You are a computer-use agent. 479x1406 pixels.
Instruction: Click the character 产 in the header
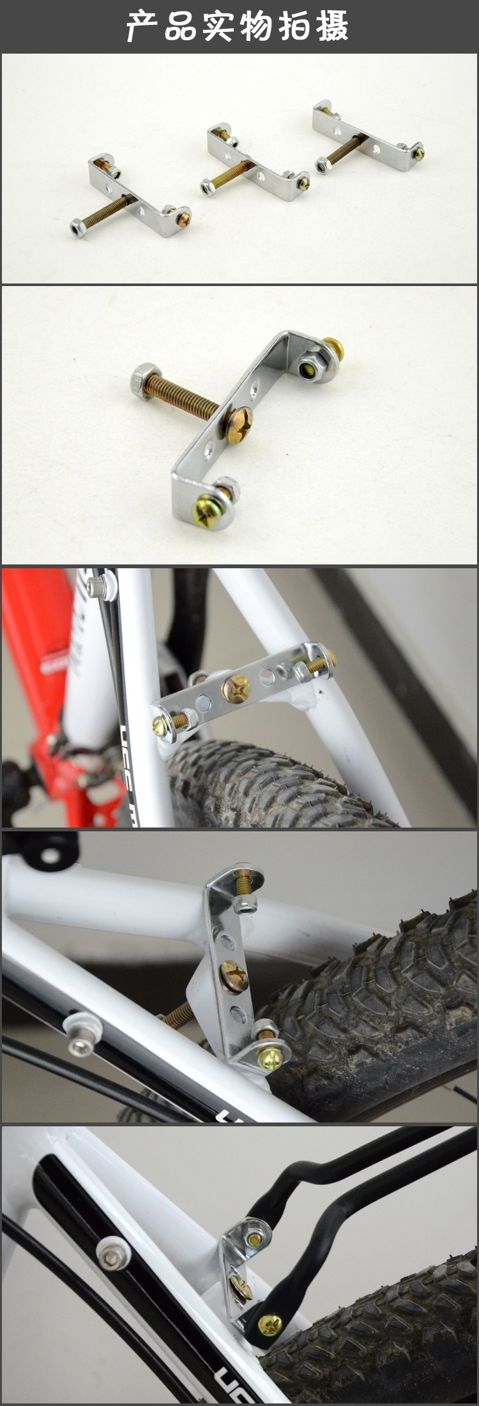pos(141,26)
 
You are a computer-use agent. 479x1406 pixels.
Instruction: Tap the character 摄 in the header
pos(332,26)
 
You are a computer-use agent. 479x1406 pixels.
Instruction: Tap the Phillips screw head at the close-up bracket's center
pos(241,422)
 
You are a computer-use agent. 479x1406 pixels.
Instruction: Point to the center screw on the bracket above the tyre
pos(235,690)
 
